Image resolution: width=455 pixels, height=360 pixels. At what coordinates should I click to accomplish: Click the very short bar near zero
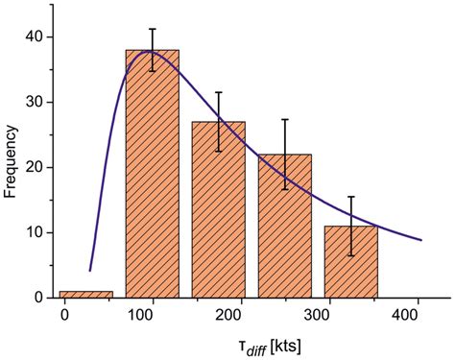[85, 294]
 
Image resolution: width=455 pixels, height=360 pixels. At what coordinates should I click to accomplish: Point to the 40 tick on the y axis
[35, 36]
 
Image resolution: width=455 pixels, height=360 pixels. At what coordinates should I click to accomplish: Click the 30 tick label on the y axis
[35, 102]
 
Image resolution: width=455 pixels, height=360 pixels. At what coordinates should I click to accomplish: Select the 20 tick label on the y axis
[35, 167]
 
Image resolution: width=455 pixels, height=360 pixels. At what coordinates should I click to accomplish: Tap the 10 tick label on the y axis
[35, 232]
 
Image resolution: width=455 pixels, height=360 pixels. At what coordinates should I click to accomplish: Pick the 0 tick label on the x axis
[64, 316]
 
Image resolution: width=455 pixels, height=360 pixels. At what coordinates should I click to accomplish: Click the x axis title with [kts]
[248, 344]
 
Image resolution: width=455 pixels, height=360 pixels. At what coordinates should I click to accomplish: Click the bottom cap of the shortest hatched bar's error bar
[351, 255]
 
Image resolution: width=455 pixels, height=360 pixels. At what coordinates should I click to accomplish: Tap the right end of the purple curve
[420, 240]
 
